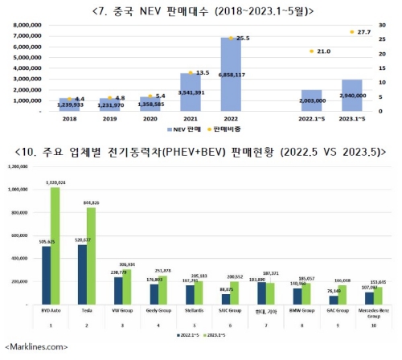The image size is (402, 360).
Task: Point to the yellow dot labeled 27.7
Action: [x=351, y=32]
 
